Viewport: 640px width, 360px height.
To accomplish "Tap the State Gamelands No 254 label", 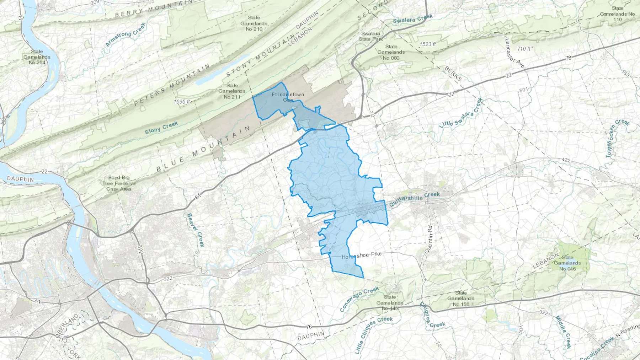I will coord(37,57).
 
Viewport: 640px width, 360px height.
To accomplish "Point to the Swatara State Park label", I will coord(371,36).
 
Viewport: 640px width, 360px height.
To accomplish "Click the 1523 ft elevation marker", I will coord(428,44).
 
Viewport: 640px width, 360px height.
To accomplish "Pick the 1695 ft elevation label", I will coord(182,102).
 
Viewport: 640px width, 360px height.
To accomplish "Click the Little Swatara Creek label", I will coord(461,113).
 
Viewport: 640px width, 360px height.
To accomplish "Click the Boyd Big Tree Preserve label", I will coord(119,183).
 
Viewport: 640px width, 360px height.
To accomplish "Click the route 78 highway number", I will coord(568,58).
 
